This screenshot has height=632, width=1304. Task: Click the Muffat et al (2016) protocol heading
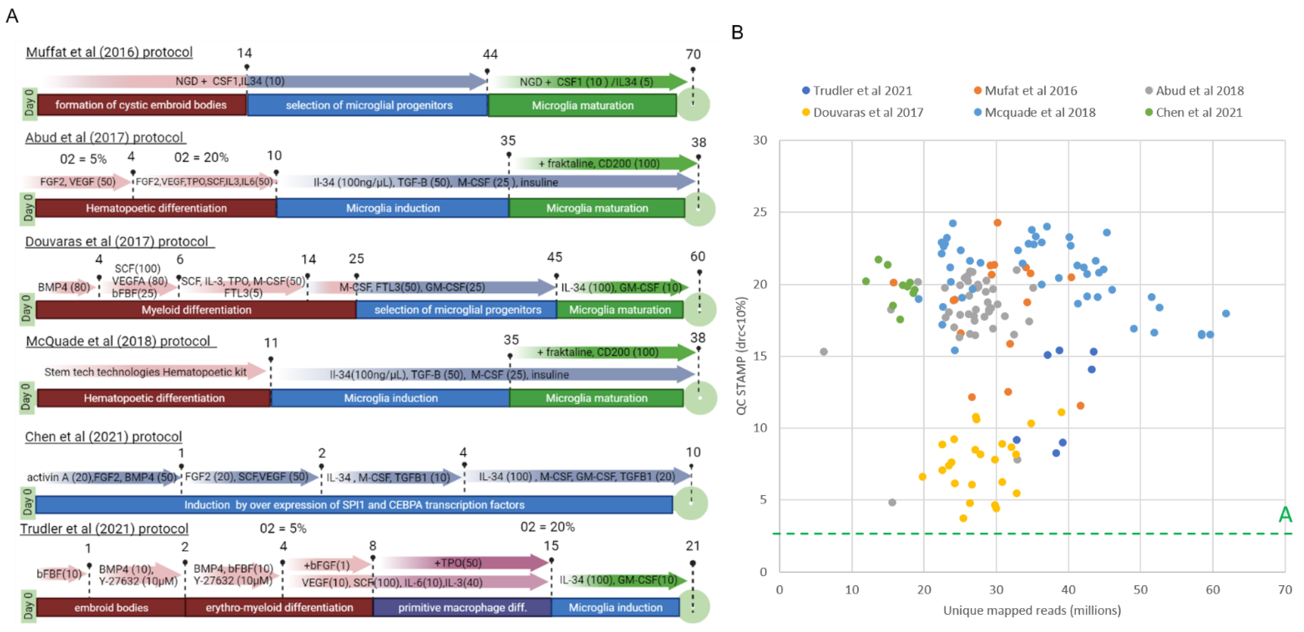pyautogui.click(x=109, y=52)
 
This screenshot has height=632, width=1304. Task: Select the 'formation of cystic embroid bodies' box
pyautogui.click(x=141, y=105)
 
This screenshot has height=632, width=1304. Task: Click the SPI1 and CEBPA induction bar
pyautogui.click(x=354, y=504)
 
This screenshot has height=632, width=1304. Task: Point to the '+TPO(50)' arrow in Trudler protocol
pyautogui.click(x=458, y=563)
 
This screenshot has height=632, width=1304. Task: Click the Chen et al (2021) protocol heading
pyautogui.click(x=104, y=437)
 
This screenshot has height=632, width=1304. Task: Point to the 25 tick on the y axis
pyautogui.click(x=760, y=212)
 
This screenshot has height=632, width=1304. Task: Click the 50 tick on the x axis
pyautogui.click(x=1140, y=589)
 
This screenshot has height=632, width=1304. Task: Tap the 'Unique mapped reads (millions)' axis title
pyautogui.click(x=1032, y=610)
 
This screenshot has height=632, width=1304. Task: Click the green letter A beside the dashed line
pyautogui.click(x=1285, y=515)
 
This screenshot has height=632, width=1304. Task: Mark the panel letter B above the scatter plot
pyautogui.click(x=737, y=32)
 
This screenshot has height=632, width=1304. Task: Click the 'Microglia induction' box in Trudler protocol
pyautogui.click(x=615, y=607)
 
